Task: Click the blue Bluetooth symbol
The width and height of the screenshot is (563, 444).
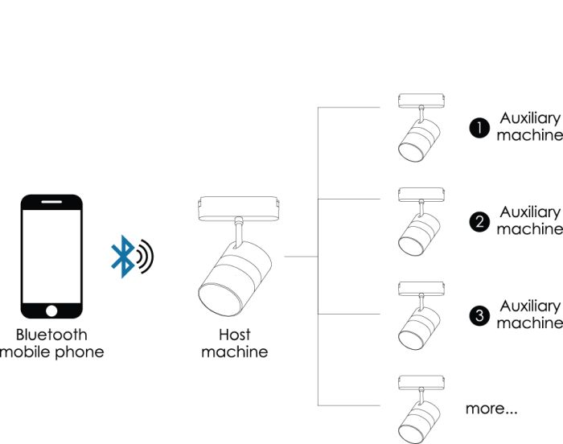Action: (122, 257)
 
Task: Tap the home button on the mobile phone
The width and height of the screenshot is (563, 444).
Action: (51, 310)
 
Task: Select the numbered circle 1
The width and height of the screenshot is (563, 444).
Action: (479, 128)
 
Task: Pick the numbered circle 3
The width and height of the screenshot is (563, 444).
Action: (480, 315)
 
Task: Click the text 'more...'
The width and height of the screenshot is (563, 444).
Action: (491, 409)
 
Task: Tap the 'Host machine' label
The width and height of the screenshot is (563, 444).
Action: (234, 343)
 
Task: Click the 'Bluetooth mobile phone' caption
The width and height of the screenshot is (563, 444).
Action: (51, 343)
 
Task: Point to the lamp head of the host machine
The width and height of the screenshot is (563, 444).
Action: (234, 276)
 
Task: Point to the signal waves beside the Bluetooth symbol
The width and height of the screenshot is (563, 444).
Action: (145, 257)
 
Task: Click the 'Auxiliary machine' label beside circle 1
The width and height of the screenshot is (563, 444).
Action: (528, 127)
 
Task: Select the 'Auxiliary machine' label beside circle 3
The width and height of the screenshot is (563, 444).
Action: (528, 314)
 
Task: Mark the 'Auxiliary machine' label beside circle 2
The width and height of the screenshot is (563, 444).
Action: (528, 220)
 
